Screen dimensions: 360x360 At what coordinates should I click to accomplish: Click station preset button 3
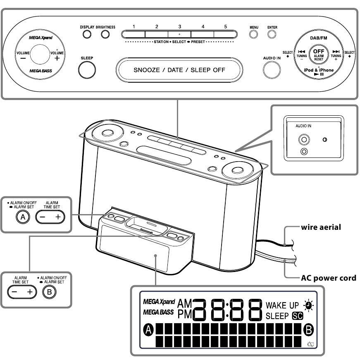point(179,34)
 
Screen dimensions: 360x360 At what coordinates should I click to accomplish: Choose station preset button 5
point(225,34)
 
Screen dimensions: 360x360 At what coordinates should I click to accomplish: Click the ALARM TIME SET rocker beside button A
point(50,217)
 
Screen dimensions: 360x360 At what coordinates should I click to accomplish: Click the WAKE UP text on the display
point(282,306)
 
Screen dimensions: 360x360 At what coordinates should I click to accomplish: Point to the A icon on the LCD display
point(148,330)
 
